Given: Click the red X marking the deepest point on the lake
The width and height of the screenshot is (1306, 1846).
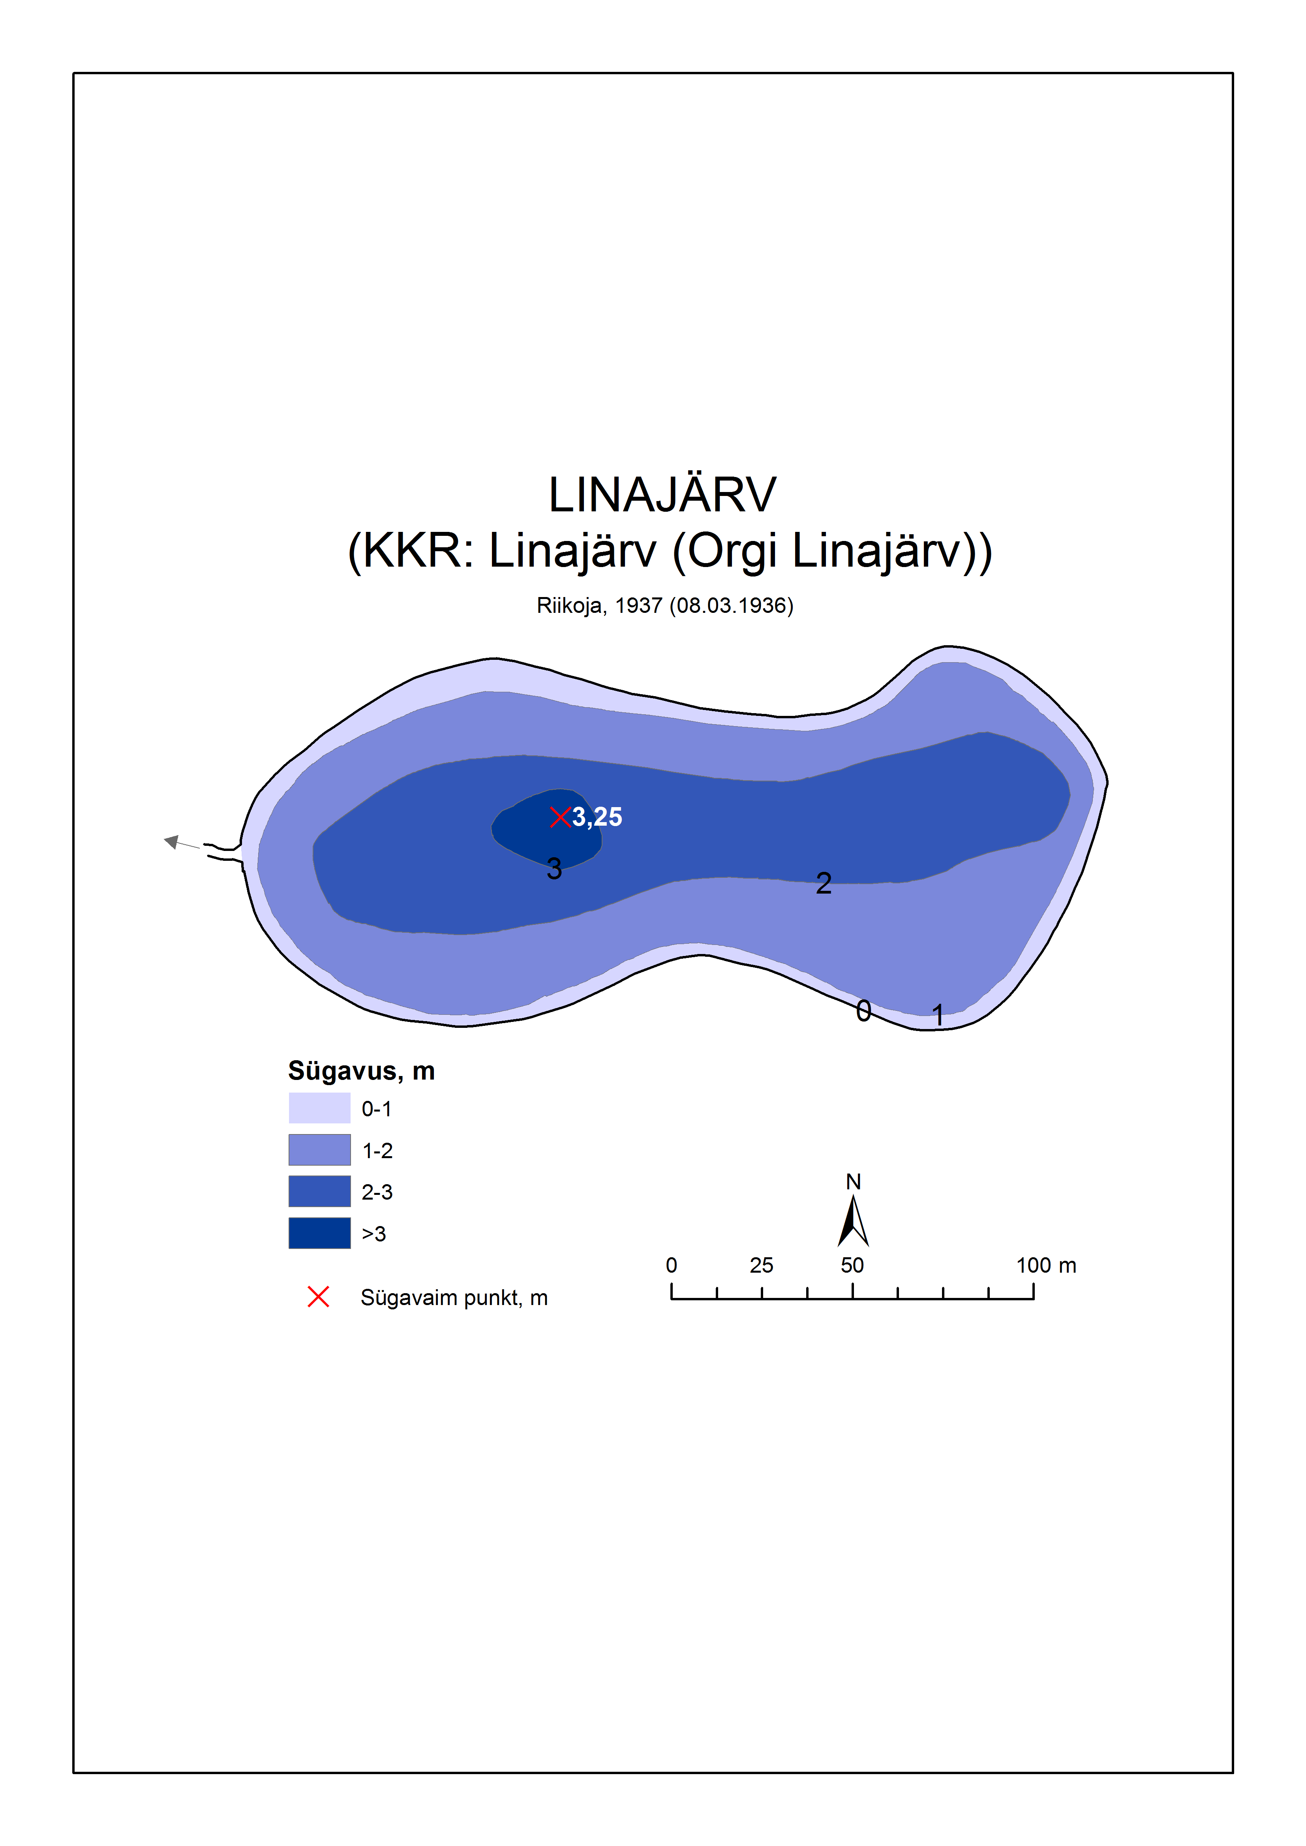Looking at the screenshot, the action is [x=560, y=817].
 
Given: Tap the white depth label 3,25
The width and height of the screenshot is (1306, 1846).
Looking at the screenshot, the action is [x=597, y=817].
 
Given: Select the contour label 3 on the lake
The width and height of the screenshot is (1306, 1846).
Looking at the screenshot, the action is [x=554, y=869].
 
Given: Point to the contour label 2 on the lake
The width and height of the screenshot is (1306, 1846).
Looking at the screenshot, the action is [x=824, y=883].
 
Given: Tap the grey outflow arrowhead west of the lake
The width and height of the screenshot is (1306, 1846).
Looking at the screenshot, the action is [x=171, y=841].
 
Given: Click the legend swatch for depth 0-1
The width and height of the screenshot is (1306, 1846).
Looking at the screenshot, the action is [x=319, y=1108].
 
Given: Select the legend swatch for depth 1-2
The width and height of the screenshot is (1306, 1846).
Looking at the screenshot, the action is [x=319, y=1149].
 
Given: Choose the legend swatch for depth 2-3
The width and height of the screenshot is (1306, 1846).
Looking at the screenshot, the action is [x=319, y=1191].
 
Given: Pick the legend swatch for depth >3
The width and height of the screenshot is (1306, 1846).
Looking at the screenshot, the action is [x=319, y=1233].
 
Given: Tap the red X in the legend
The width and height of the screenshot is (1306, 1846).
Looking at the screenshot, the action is [x=319, y=1297].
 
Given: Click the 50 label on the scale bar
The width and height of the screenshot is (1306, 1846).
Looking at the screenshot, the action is [x=852, y=1265].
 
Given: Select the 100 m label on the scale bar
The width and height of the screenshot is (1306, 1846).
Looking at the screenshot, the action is [x=1045, y=1265].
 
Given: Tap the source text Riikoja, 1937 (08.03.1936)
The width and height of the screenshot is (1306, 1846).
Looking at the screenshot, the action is [x=665, y=606].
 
